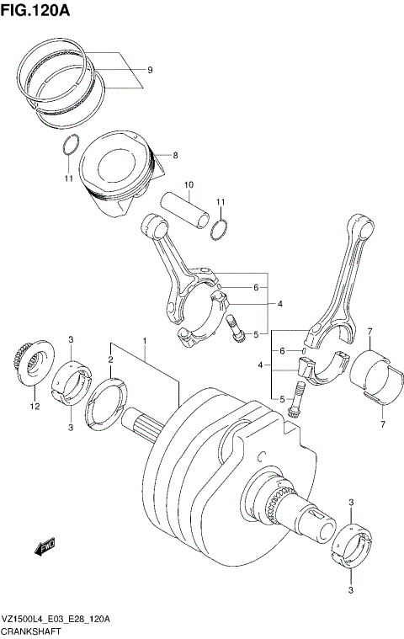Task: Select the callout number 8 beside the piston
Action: point(175,155)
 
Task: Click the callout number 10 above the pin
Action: point(189,184)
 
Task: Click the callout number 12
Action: point(35,407)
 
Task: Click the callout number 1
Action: point(144,341)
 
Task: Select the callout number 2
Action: point(109,359)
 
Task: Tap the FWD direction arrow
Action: point(45,548)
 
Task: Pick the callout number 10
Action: point(189,184)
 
